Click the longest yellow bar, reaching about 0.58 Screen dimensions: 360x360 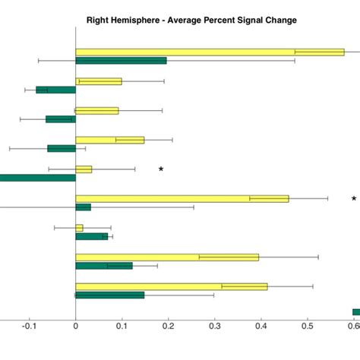tap(210, 52)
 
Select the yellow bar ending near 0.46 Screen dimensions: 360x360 tap(182, 198)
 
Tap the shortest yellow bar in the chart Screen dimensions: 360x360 tap(79, 228)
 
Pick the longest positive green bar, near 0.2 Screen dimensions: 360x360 tap(121, 60)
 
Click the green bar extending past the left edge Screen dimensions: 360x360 tap(38, 178)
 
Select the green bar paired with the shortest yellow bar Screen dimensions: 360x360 tap(91, 236)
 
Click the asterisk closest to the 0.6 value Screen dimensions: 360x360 tap(353, 199)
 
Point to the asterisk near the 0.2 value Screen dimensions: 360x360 tap(161, 169)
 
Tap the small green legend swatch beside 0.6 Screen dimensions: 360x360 tap(355, 311)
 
